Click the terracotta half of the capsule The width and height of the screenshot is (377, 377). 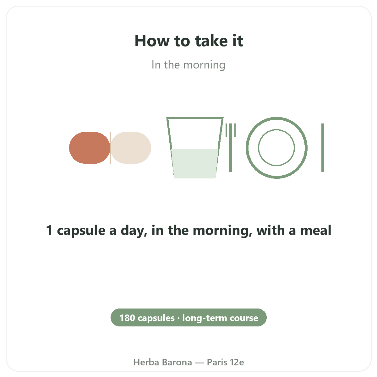pos(89,148)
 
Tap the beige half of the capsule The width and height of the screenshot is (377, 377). pos(131,148)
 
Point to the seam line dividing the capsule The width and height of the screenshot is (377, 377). pos(110,148)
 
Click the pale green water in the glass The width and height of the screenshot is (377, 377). pos(195,164)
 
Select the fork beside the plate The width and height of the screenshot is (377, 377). pos(231,148)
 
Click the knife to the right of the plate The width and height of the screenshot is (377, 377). pos(323,148)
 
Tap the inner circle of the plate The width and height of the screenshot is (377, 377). pos(276,129)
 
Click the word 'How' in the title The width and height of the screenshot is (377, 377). pos(152,41)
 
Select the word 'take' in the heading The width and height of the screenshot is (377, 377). pos(211,41)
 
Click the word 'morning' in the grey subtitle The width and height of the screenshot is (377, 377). pos(204,65)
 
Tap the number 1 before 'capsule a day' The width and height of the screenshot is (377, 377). pos(49,230)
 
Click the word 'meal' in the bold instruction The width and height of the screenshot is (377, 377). pos(316,230)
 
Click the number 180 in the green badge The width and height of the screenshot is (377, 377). pos(127,318)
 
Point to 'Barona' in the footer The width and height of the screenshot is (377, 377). pos(177,362)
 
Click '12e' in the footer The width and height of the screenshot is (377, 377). pos(237,362)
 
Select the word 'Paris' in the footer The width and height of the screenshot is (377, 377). pos(217,362)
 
